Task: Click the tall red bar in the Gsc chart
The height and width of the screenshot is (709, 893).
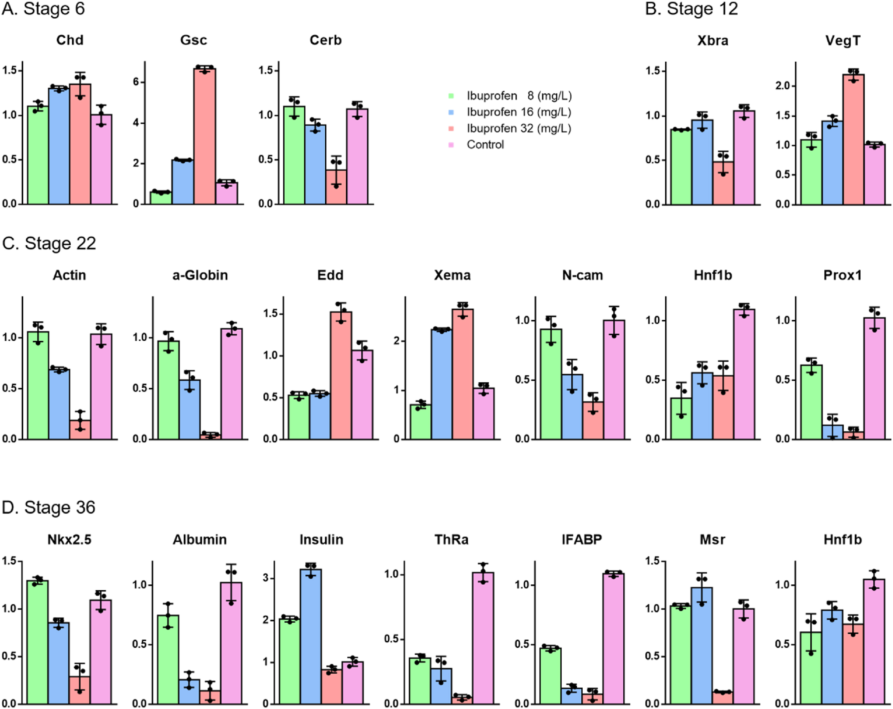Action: point(205,137)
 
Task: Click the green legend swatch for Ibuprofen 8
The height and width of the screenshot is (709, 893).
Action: point(451,96)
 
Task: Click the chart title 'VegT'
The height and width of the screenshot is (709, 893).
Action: point(843,41)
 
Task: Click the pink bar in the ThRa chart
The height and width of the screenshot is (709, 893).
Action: point(483,638)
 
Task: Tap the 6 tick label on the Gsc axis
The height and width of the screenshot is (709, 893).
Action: point(136,82)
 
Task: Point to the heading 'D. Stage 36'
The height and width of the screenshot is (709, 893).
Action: point(49,508)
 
